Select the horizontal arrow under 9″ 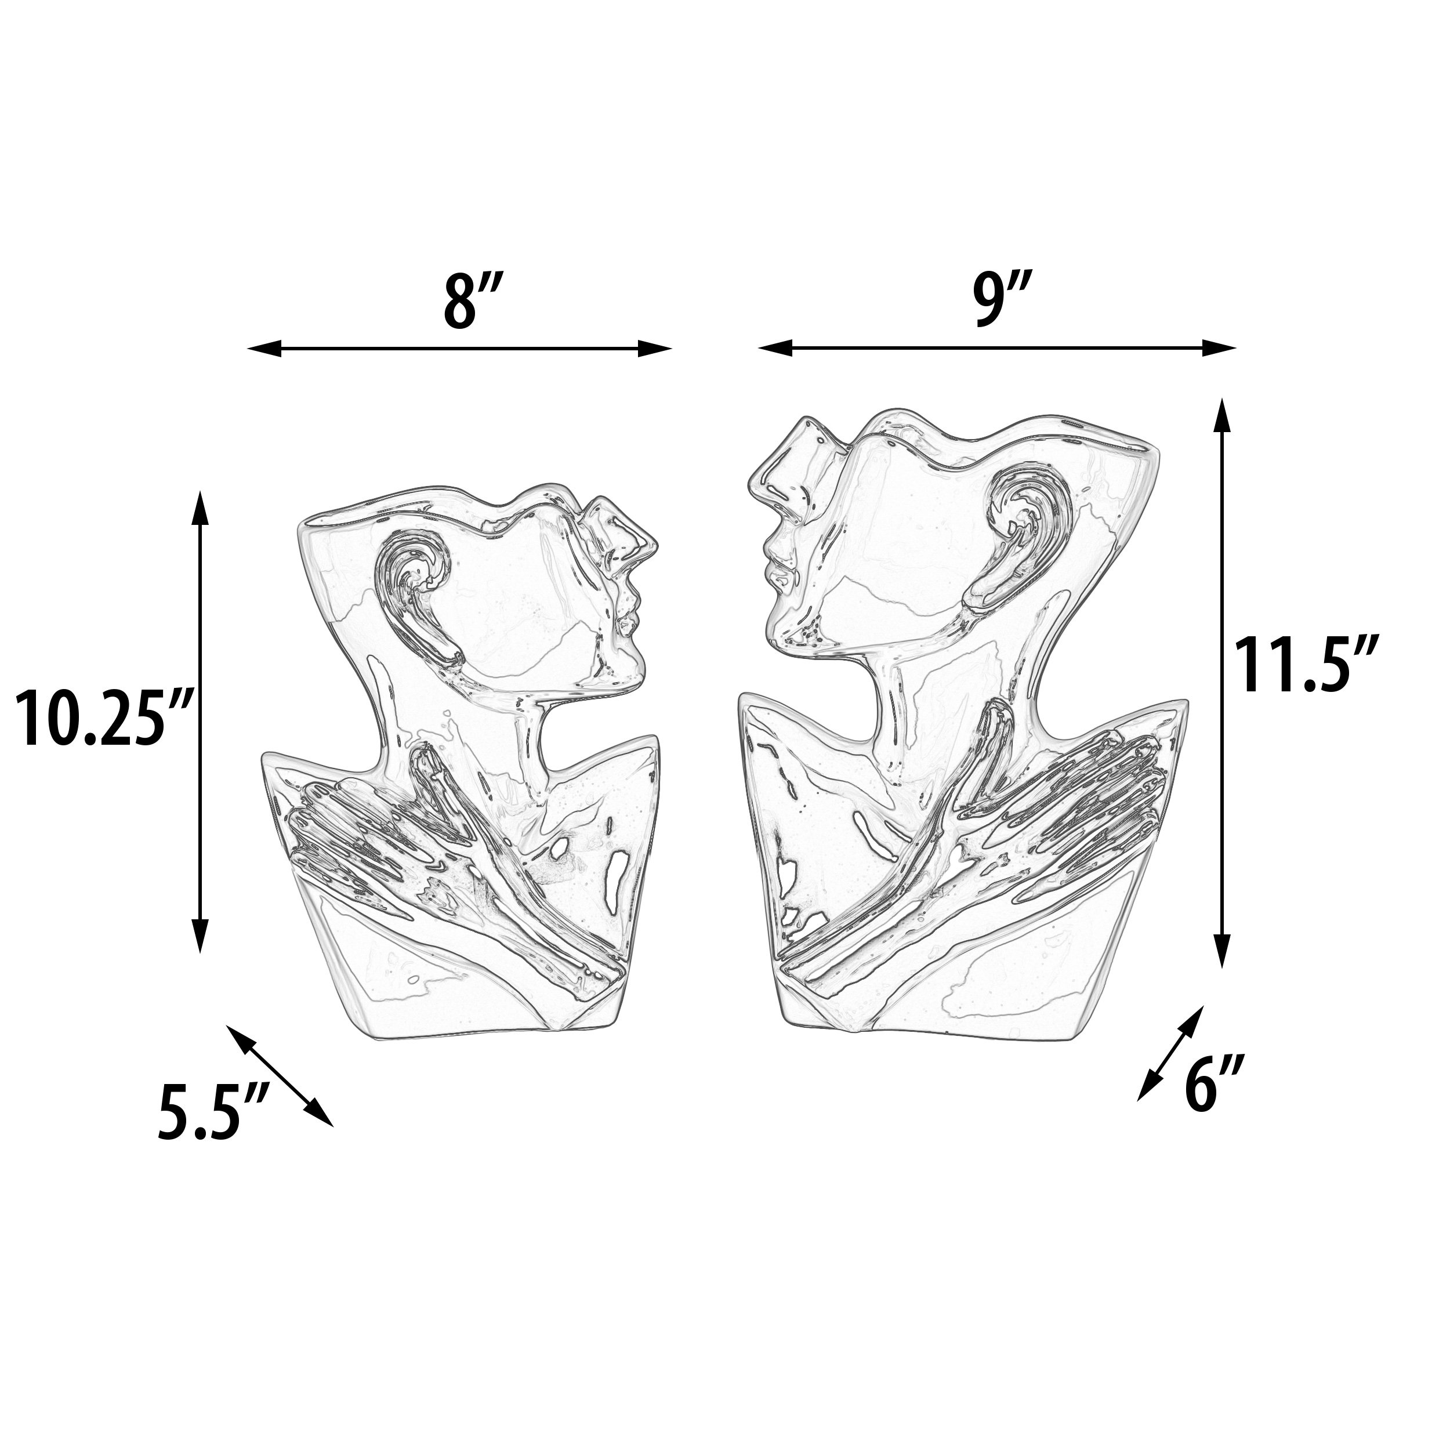click(x=996, y=347)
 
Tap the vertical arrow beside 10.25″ click(x=199, y=722)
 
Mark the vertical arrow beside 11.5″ click(x=1222, y=684)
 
